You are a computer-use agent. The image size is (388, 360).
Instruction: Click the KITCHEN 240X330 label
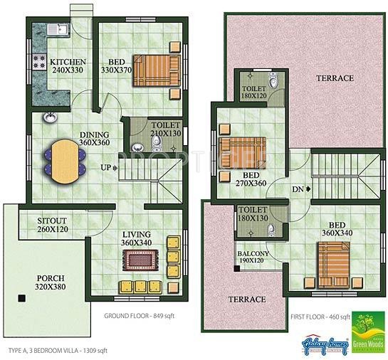[x=68, y=66]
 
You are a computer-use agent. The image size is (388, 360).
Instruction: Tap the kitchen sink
[x=56, y=30]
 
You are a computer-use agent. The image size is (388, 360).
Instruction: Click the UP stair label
[x=106, y=168]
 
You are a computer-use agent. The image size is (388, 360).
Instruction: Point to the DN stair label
[x=299, y=189]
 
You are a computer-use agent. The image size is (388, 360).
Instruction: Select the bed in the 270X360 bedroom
[x=241, y=152]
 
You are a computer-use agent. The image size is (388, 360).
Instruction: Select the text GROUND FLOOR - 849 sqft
[x=140, y=317]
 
